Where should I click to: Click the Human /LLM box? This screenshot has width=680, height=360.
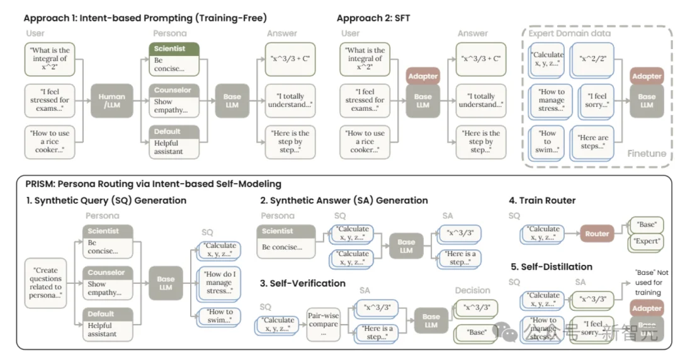click(111, 101)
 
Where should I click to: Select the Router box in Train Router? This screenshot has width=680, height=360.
click(597, 233)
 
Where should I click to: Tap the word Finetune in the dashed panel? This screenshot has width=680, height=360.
click(647, 153)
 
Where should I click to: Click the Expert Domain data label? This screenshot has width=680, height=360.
click(569, 33)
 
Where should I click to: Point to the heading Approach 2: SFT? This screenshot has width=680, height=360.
click(373, 18)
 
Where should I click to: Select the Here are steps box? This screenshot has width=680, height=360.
click(593, 142)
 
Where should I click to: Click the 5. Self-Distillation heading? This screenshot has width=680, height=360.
click(550, 267)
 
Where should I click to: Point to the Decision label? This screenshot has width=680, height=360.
click(472, 290)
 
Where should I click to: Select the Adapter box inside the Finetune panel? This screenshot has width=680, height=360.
click(647, 76)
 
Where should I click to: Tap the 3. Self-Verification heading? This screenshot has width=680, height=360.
click(303, 283)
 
